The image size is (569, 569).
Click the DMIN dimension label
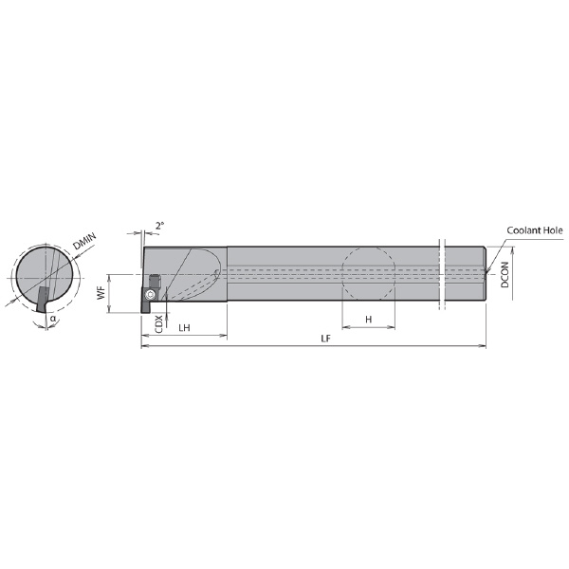[84, 241]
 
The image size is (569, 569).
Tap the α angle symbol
[53, 319]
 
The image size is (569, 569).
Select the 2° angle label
[159, 226]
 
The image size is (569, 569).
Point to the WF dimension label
[101, 292]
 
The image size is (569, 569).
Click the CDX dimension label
[159, 323]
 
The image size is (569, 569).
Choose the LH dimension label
[184, 328]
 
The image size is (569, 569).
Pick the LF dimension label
[326, 339]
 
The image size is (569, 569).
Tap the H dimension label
[369, 320]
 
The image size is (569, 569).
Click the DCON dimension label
[505, 275]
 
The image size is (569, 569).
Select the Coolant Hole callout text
[535, 230]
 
